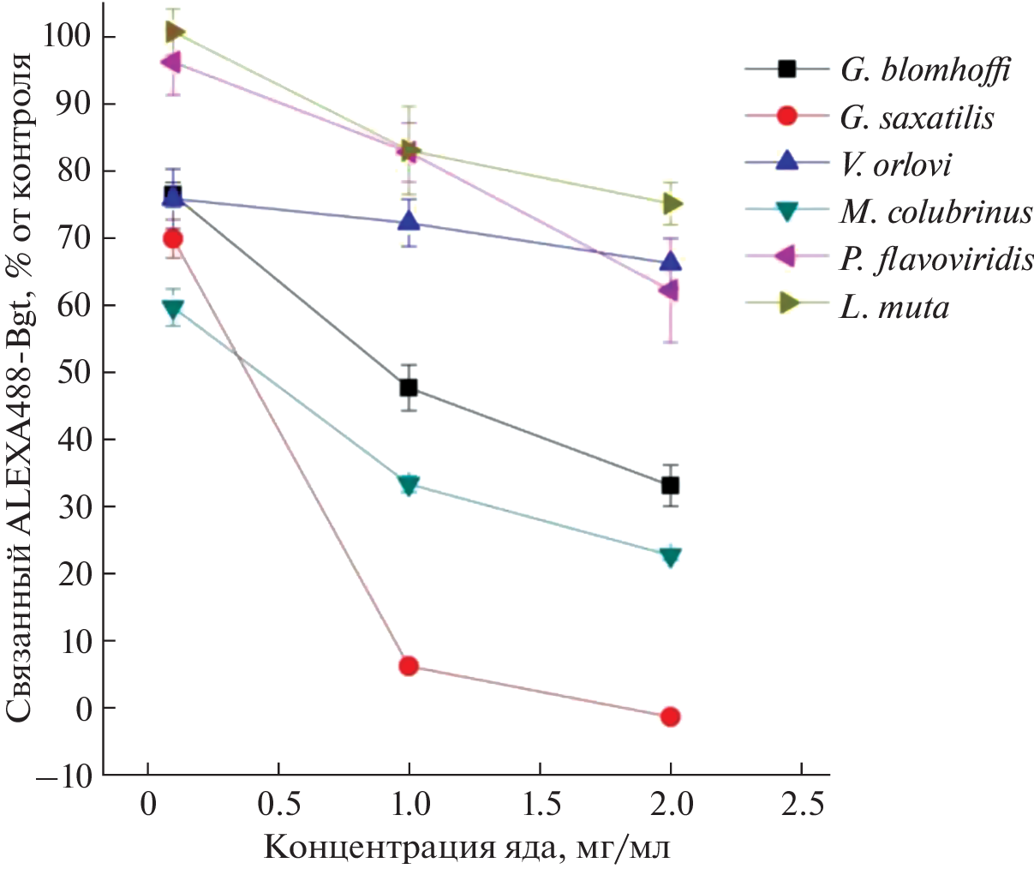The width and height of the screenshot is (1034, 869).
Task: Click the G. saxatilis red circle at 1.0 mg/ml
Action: pyautogui.click(x=409, y=666)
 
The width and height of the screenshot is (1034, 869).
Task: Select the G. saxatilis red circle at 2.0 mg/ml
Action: pyautogui.click(x=671, y=716)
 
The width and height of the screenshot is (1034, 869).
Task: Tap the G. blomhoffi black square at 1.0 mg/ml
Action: pyautogui.click(x=409, y=387)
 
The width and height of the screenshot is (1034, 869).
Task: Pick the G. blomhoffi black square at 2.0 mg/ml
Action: pyautogui.click(x=671, y=486)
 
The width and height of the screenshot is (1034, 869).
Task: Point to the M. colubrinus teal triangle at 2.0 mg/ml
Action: pyautogui.click(x=671, y=556)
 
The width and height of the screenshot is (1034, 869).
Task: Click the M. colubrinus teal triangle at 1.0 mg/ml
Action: pyautogui.click(x=409, y=485)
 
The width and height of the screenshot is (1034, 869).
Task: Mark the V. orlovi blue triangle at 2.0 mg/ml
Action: pyautogui.click(x=671, y=261)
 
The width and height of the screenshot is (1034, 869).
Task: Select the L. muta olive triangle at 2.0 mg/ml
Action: pyautogui.click(x=672, y=204)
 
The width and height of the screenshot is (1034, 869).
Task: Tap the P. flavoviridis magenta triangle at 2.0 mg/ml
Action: pyautogui.click(x=669, y=291)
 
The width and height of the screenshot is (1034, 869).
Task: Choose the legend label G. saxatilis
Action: pyautogui.click(x=917, y=117)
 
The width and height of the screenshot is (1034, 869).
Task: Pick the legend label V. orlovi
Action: pyautogui.click(x=895, y=164)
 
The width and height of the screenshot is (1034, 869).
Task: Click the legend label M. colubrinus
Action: pyautogui.click(x=936, y=212)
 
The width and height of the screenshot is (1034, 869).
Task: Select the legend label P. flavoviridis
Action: pyautogui.click(x=936, y=260)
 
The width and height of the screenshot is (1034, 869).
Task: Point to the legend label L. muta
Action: pyautogui.click(x=894, y=307)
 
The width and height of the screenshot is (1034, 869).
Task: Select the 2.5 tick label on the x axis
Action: pyautogui.click(x=800, y=806)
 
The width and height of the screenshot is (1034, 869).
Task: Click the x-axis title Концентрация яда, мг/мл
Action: pyautogui.click(x=466, y=848)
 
